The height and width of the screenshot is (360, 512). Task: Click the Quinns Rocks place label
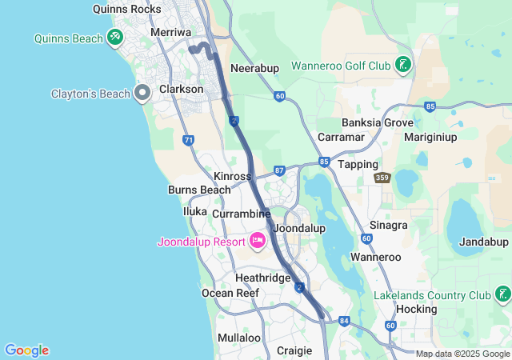(126, 10)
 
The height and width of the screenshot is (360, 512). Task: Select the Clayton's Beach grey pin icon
(143, 93)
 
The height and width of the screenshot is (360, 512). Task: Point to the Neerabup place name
(254, 68)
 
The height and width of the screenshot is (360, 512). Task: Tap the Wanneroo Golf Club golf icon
(402, 64)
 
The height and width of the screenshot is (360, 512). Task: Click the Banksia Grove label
(378, 122)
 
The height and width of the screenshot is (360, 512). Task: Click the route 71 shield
(189, 140)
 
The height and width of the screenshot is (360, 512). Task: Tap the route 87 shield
(278, 170)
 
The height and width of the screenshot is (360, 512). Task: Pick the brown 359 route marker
(384, 178)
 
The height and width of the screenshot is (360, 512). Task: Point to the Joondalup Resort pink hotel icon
(258, 240)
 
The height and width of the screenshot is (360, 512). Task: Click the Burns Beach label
(199, 190)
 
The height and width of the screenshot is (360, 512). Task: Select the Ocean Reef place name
(230, 293)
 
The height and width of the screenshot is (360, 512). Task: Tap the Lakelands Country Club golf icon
(502, 294)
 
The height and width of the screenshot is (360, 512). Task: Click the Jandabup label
(483, 242)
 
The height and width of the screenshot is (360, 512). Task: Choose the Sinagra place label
(389, 226)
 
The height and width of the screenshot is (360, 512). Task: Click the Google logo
(26, 350)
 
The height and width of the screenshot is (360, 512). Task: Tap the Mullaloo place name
(239, 338)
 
